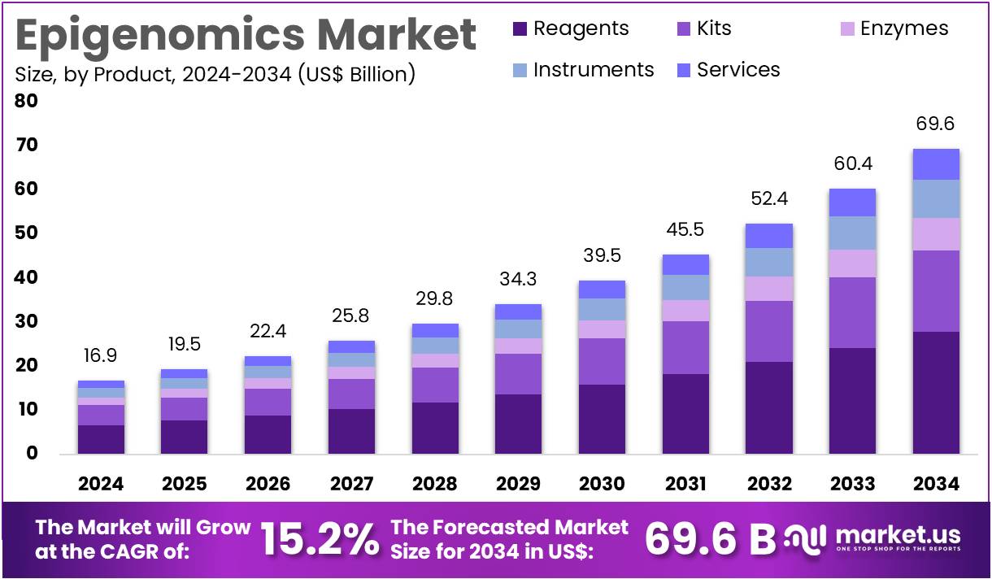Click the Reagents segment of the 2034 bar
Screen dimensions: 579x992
click(935, 392)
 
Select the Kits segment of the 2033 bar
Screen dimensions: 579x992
click(852, 312)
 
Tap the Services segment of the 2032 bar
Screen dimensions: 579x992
click(769, 236)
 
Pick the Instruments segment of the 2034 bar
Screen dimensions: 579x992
click(935, 198)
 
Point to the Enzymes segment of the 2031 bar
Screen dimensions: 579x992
click(685, 311)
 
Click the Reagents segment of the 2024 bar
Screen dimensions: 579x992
click(102, 439)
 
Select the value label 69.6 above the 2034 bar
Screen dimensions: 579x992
click(935, 124)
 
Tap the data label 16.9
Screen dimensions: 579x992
click(102, 355)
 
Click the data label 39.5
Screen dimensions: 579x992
click(603, 256)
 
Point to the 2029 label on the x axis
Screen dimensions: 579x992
click(519, 485)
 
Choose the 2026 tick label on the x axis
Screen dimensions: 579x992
click(268, 485)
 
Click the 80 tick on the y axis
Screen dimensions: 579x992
click(27, 102)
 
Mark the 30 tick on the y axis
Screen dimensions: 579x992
click(27, 322)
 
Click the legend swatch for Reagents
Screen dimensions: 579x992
click(520, 29)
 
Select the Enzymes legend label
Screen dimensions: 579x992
click(904, 28)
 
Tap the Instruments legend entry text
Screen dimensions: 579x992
click(594, 70)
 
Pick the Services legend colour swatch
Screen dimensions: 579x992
click(684, 71)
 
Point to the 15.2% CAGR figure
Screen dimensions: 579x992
click(320, 538)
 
